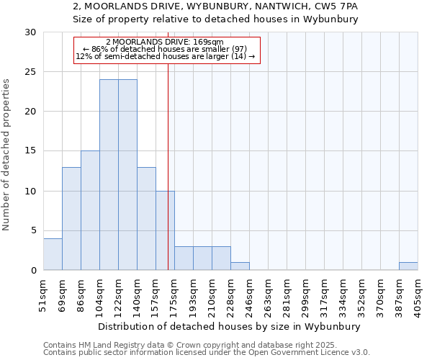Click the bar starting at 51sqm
[x=53, y=254]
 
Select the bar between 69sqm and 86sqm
[x=71, y=219]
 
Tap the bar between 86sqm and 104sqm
[x=90, y=211]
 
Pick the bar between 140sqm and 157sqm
[x=146, y=219]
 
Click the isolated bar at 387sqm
[x=408, y=266]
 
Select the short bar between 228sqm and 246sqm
[x=240, y=266]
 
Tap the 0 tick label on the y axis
[x=33, y=271]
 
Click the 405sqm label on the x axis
[x=418, y=296]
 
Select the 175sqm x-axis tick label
[x=175, y=296]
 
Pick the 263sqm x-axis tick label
[x=269, y=296]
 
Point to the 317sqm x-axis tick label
[x=325, y=296]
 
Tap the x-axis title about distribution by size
[x=230, y=326]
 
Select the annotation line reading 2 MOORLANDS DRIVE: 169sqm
[x=165, y=42]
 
